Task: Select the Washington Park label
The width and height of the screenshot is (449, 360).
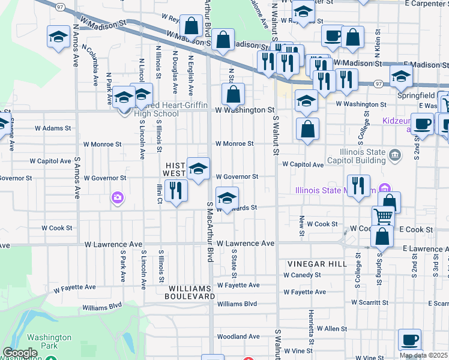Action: (x=49, y=341)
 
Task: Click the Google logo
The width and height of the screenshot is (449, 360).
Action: (x=20, y=353)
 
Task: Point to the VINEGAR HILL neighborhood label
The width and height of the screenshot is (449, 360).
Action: (x=317, y=264)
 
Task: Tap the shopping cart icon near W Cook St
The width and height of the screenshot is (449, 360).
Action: (x=382, y=216)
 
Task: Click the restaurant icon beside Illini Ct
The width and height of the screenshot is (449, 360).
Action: (x=176, y=191)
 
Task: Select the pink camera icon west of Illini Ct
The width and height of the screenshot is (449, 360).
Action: (x=118, y=197)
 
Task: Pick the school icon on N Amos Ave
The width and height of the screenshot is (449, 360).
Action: (x=58, y=37)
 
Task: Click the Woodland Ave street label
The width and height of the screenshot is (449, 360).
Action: (x=238, y=337)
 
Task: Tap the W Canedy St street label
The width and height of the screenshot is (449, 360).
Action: (x=305, y=275)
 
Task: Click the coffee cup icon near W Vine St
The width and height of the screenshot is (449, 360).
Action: (x=409, y=340)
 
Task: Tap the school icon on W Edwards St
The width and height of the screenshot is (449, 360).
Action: (x=226, y=198)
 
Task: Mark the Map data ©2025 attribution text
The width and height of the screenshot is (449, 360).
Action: (x=424, y=355)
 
